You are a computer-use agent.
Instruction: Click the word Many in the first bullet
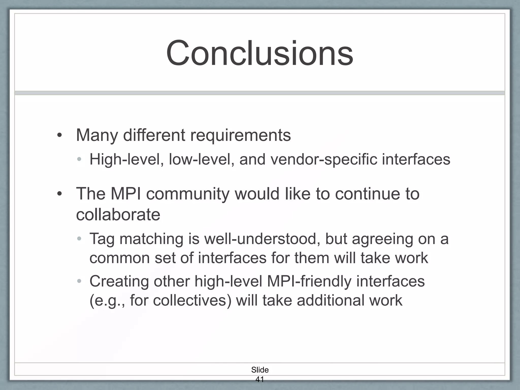[97, 135]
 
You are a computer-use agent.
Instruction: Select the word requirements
[240, 135]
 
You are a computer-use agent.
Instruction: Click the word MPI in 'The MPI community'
[126, 194]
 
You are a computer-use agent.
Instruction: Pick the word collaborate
[118, 215]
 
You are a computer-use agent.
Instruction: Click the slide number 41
[259, 379]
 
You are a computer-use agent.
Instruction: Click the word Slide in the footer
[260, 370]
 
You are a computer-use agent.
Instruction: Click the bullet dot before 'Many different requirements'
[59, 135]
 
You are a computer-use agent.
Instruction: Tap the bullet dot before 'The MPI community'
[59, 194]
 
